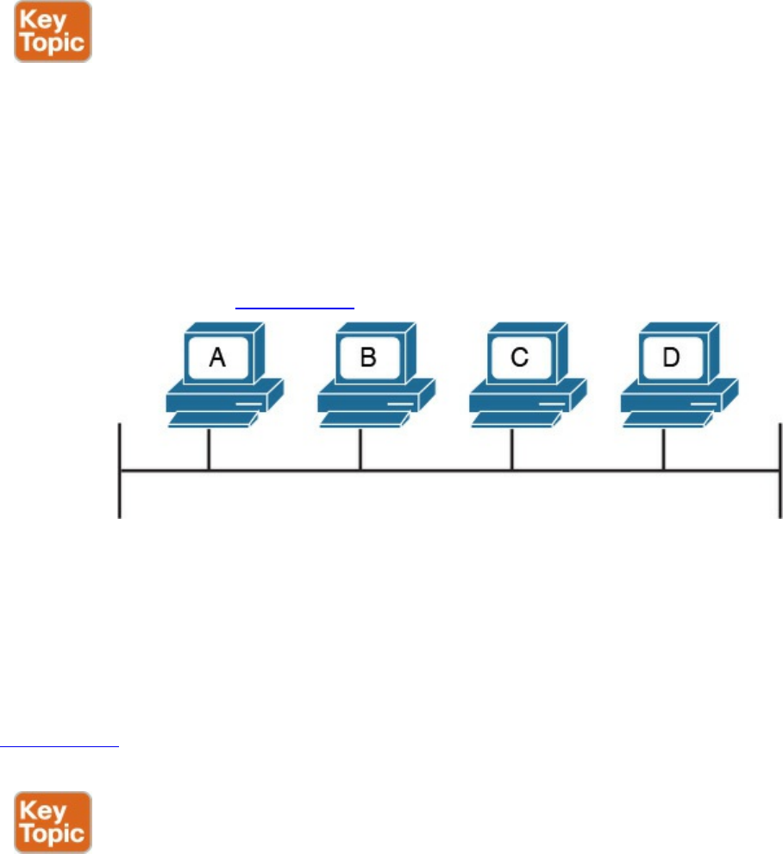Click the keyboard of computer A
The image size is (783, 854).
pyautogui.click(x=210, y=419)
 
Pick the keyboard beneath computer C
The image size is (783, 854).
pyautogui.click(x=513, y=419)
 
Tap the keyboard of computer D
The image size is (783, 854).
pyautogui.click(x=665, y=419)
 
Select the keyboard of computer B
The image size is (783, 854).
pyautogui.click(x=362, y=419)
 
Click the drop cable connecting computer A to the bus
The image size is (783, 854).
pyautogui.click(x=209, y=449)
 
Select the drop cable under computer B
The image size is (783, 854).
pyautogui.click(x=360, y=449)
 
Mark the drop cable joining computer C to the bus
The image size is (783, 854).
pyautogui.click(x=512, y=449)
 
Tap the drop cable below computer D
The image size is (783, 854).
pyautogui.click(x=663, y=449)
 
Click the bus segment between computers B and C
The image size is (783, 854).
pyautogui.click(x=435, y=471)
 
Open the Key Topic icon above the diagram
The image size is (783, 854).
pyautogui.click(x=53, y=31)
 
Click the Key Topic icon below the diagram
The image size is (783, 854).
pyautogui.click(x=53, y=821)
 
